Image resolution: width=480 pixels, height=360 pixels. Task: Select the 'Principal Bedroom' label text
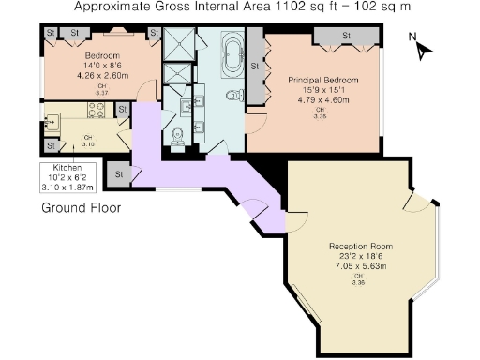(323, 81)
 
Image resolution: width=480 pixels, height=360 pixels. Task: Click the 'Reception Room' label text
(352, 247)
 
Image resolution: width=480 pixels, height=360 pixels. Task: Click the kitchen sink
(52, 119)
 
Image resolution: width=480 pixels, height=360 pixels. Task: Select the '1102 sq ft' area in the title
(296, 7)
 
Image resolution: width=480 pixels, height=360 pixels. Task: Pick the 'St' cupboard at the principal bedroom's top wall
(345, 36)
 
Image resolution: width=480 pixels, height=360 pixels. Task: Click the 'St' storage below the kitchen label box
(119, 173)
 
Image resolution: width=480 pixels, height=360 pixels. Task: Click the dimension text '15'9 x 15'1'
(323, 91)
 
